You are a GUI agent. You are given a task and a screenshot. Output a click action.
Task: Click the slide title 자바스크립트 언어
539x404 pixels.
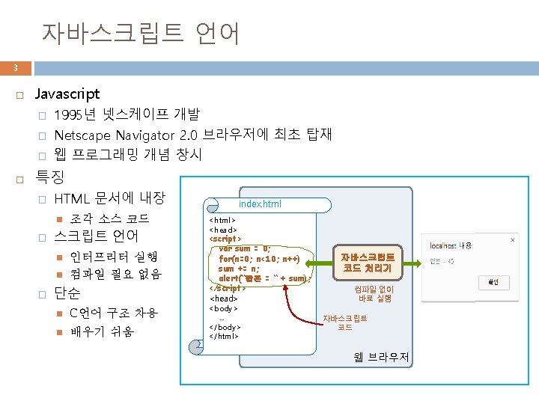pyautogui.click(x=141, y=32)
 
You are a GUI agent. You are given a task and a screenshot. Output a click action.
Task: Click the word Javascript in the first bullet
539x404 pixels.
pyautogui.click(x=67, y=95)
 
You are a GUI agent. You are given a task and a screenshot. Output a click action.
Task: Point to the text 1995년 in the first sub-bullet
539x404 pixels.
pyautogui.click(x=74, y=115)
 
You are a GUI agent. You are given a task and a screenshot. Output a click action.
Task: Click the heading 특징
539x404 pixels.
pyautogui.click(x=50, y=178)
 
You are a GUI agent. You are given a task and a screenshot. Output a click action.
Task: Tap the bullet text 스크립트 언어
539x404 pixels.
pyautogui.click(x=97, y=236)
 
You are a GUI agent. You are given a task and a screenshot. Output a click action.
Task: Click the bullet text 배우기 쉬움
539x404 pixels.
pyautogui.click(x=103, y=331)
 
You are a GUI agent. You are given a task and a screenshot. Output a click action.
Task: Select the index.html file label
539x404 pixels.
pyautogui.click(x=260, y=203)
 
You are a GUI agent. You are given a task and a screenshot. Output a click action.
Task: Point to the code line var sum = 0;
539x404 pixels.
pyautogui.click(x=245, y=249)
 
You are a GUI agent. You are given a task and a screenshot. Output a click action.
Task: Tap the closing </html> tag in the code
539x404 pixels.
pyautogui.click(x=224, y=336)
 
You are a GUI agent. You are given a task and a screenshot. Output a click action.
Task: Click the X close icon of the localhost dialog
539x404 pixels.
pyautogui.click(x=512, y=241)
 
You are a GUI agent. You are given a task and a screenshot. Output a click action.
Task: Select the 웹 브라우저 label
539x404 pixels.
pyautogui.click(x=382, y=357)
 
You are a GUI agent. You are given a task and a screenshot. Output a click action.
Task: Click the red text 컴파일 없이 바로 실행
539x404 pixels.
pyautogui.click(x=374, y=293)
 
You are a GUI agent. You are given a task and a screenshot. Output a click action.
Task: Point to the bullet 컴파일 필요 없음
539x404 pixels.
pyautogui.click(x=115, y=274)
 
